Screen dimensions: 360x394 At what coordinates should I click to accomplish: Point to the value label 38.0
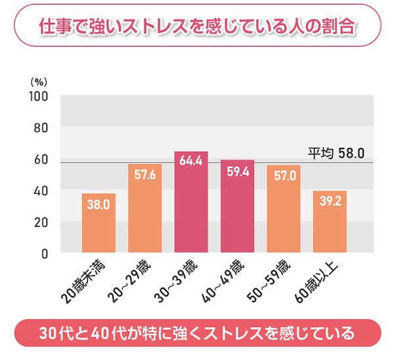pyautogui.click(x=98, y=204)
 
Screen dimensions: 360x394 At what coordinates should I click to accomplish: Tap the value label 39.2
pyautogui.click(x=330, y=202)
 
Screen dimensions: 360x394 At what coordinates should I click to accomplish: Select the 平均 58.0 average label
pyautogui.click(x=336, y=153)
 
